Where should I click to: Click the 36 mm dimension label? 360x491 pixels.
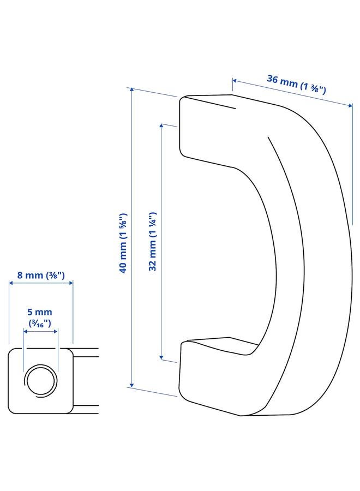point(296,85)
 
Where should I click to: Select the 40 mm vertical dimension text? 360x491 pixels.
point(123,243)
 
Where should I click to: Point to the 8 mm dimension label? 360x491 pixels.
point(41,276)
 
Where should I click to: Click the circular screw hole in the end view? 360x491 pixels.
point(40,379)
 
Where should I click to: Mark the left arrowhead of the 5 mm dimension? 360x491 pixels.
point(25,330)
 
